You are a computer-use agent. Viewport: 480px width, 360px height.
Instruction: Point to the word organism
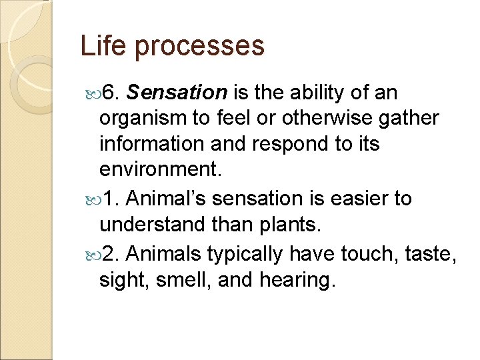[x=140, y=119]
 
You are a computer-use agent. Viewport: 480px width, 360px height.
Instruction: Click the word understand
[x=151, y=225]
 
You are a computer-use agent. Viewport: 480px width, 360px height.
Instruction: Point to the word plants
[x=294, y=225]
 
